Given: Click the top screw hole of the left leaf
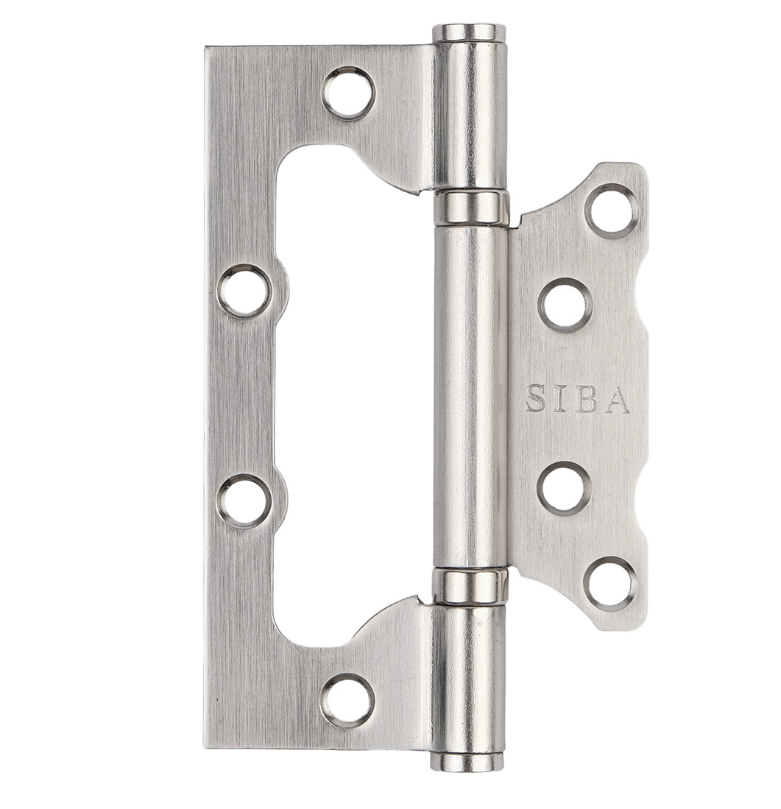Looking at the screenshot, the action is (x=349, y=93).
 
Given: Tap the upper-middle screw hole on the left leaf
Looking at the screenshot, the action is (x=244, y=291).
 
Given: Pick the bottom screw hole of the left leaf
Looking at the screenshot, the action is (x=347, y=700).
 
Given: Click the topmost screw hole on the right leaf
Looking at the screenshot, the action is (x=611, y=211).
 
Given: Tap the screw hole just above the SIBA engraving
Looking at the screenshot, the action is (x=565, y=305).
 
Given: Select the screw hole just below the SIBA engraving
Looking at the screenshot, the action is (x=564, y=488).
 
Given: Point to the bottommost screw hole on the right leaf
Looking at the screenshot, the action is (x=610, y=584).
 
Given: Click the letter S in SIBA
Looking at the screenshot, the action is (x=535, y=399).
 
